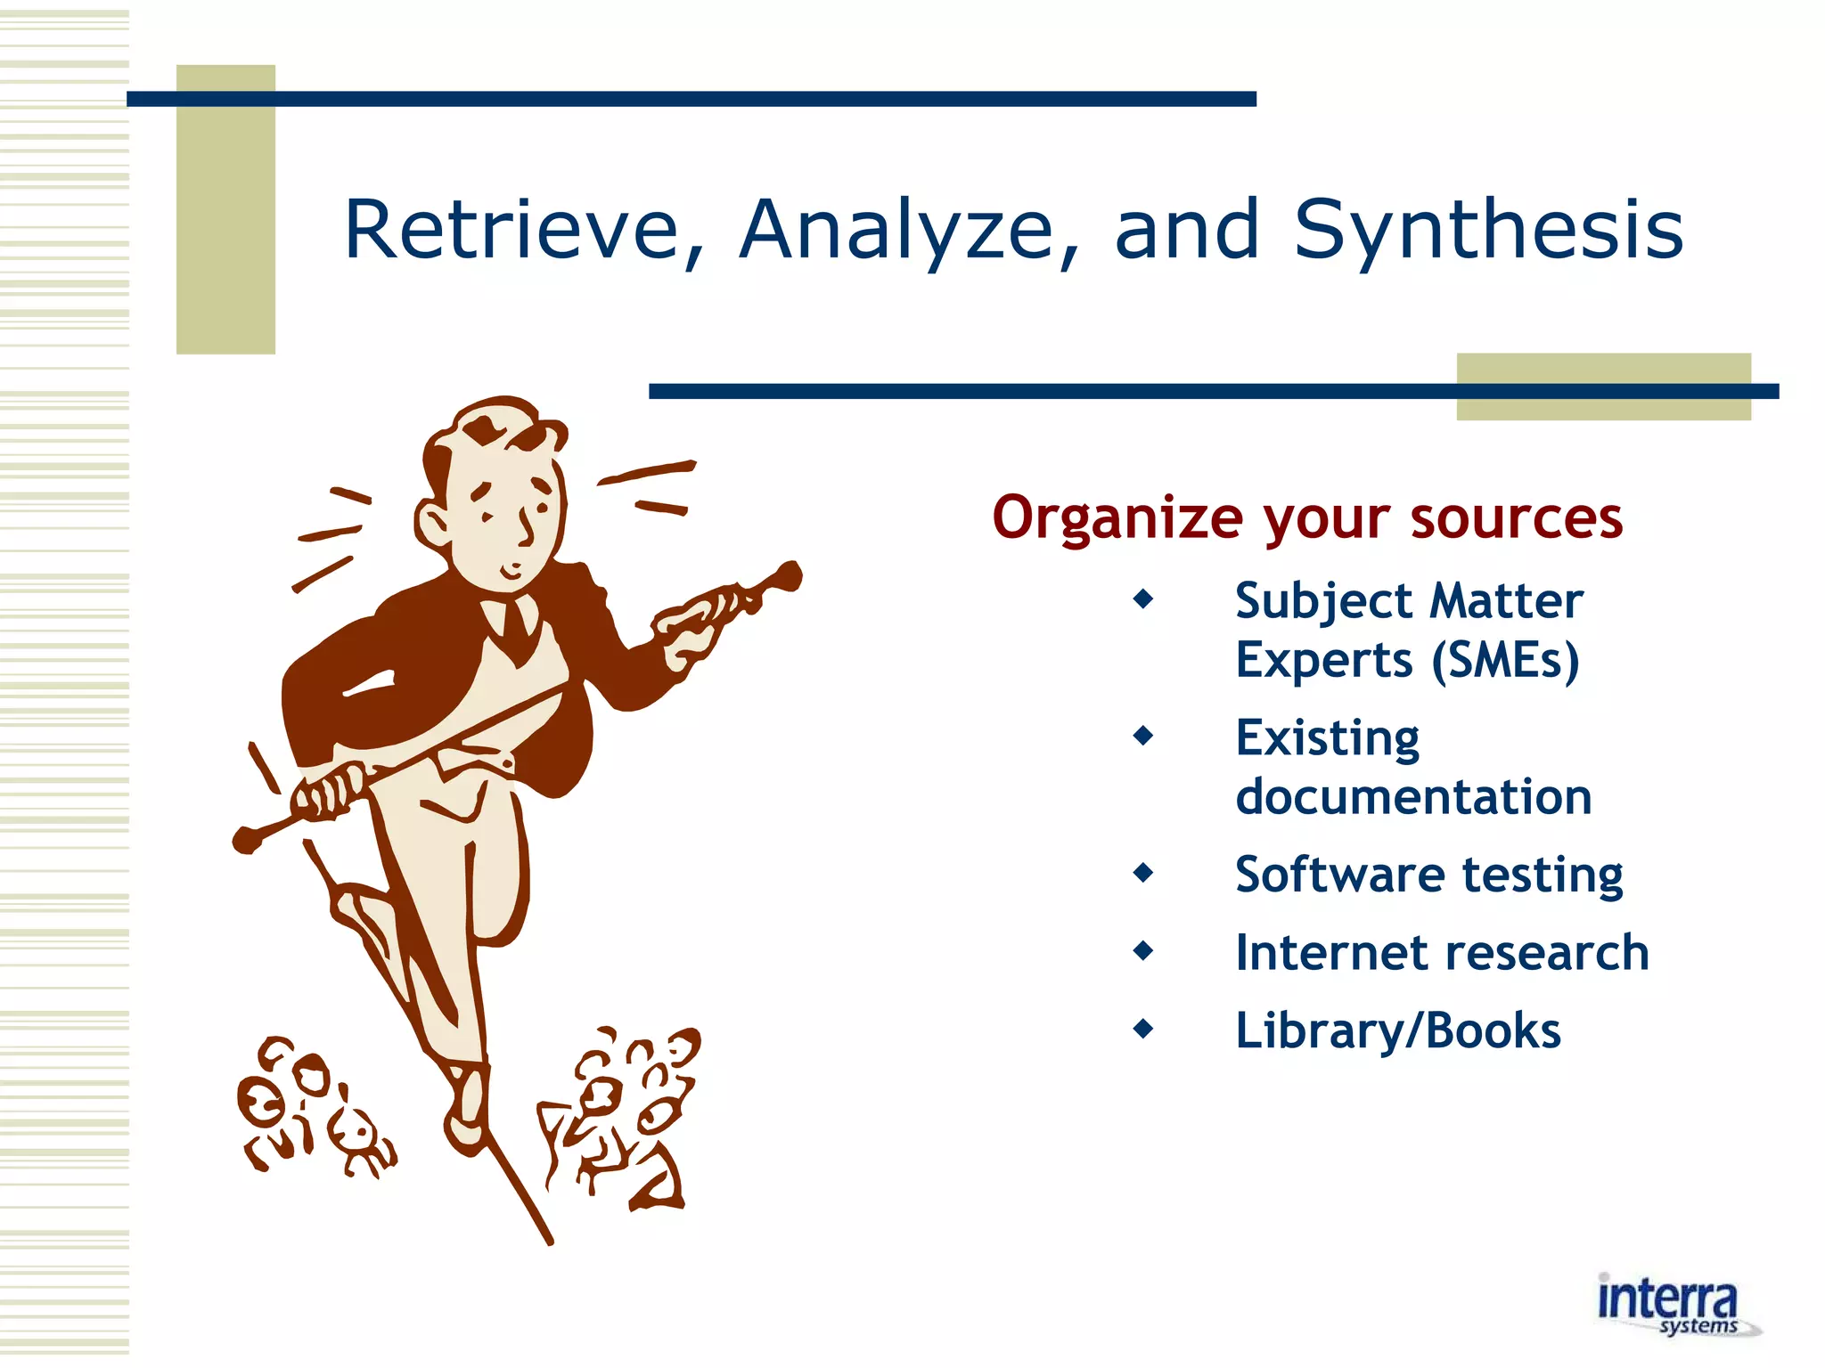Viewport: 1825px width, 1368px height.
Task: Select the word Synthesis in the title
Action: [1488, 230]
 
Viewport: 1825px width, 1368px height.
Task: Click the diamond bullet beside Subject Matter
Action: [1142, 599]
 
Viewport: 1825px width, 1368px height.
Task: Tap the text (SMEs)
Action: [1505, 660]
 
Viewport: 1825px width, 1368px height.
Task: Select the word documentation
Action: [1413, 796]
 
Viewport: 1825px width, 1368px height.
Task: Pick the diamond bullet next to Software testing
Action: [1142, 873]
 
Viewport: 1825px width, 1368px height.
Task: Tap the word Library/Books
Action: [1397, 1030]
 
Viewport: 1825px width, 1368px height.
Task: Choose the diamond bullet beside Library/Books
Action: [1142, 1030]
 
